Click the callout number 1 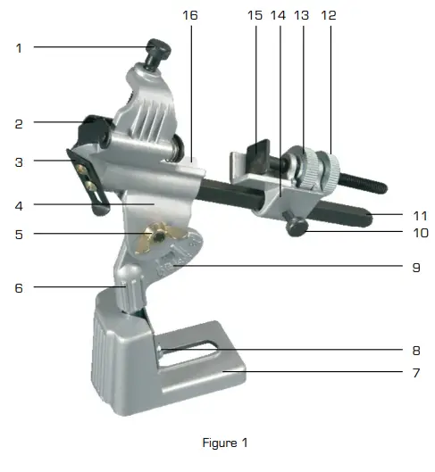click(x=19, y=47)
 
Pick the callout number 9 click(x=416, y=265)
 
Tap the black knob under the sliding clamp click(x=297, y=229)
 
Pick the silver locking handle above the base click(x=134, y=294)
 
